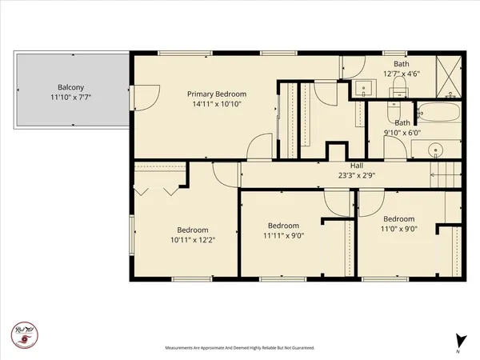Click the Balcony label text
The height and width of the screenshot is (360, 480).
pos(71,87)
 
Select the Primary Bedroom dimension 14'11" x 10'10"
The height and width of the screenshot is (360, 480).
pos(214,103)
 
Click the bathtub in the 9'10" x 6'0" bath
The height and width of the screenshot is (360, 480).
pos(438,113)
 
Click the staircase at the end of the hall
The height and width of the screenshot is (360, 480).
pos(445,175)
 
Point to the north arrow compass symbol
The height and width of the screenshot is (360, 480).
pos(458,339)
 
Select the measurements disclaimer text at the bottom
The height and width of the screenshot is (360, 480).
pos(239,348)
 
